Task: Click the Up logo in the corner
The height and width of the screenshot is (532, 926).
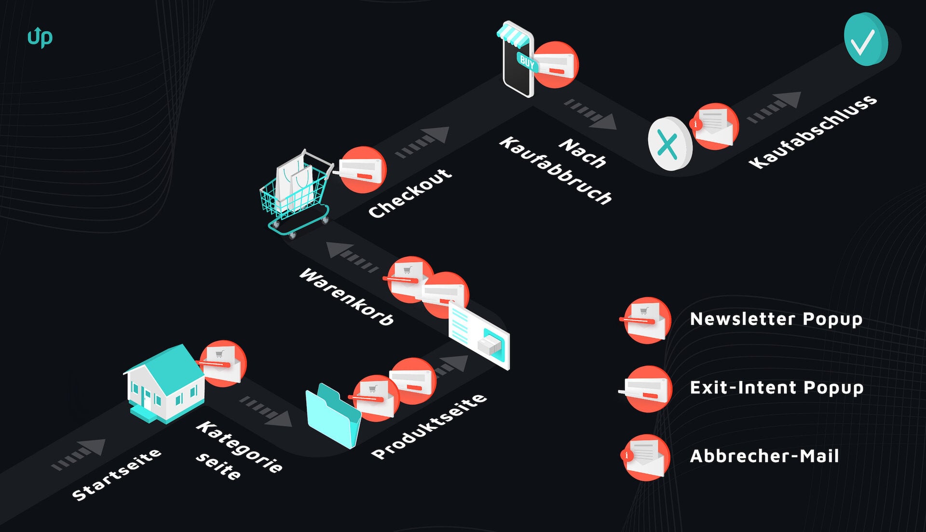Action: [x=40, y=37]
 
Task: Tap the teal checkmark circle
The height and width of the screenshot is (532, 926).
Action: [x=865, y=40]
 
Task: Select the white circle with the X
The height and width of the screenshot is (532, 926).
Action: [x=669, y=144]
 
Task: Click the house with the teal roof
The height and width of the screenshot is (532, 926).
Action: [x=164, y=383]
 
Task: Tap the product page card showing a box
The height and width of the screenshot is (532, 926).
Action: [x=479, y=335]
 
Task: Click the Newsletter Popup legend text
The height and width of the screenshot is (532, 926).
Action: [x=776, y=319]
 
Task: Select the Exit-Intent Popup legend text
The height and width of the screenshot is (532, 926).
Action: [x=776, y=388]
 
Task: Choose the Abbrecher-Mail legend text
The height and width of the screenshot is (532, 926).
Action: [x=764, y=456]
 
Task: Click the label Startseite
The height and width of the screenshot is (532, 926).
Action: [x=117, y=474]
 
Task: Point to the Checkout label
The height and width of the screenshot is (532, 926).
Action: [x=410, y=193]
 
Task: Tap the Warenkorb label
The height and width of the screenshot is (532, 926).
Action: [x=346, y=297]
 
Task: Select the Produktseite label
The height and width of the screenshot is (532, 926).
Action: [x=429, y=426]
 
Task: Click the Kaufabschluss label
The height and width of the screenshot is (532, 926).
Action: [x=813, y=132]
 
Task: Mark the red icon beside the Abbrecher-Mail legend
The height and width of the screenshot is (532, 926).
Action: [x=646, y=458]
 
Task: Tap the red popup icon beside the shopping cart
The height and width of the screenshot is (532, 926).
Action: [x=362, y=170]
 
